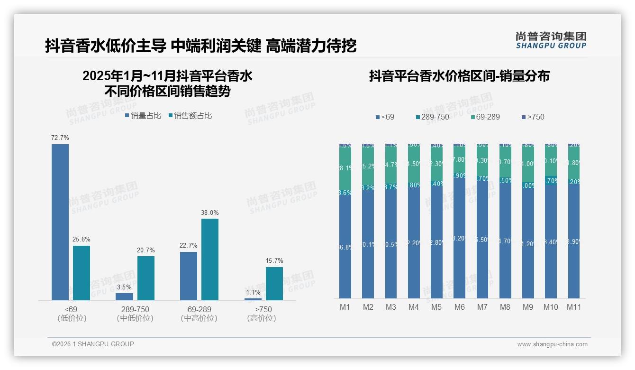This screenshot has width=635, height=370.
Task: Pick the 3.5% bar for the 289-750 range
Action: tap(125, 296)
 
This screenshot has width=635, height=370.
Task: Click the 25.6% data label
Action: tap(82, 239)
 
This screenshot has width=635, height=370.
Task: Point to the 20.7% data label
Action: tap(146, 250)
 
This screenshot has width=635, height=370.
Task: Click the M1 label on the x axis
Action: tap(345, 307)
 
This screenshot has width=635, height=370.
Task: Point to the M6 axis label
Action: tap(459, 307)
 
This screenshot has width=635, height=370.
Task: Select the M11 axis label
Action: tap(574, 307)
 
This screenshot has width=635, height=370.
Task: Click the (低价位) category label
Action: tap(72, 318)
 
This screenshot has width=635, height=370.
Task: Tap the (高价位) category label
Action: tap(261, 318)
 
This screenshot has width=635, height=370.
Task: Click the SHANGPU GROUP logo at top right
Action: tap(551, 40)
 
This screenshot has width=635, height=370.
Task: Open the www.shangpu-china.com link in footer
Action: tap(552, 344)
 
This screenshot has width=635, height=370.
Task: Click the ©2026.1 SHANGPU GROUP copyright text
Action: tap(93, 344)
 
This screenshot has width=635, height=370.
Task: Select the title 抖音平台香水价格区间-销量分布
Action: tap(459, 76)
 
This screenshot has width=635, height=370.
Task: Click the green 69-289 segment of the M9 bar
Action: tap(528, 164)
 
